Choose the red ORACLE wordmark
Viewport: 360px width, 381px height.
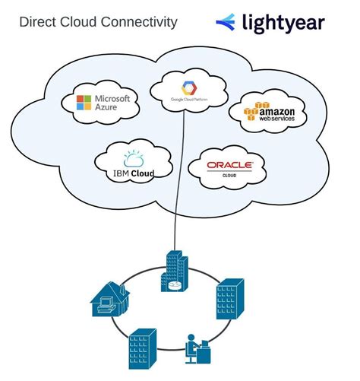coord(229,165)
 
